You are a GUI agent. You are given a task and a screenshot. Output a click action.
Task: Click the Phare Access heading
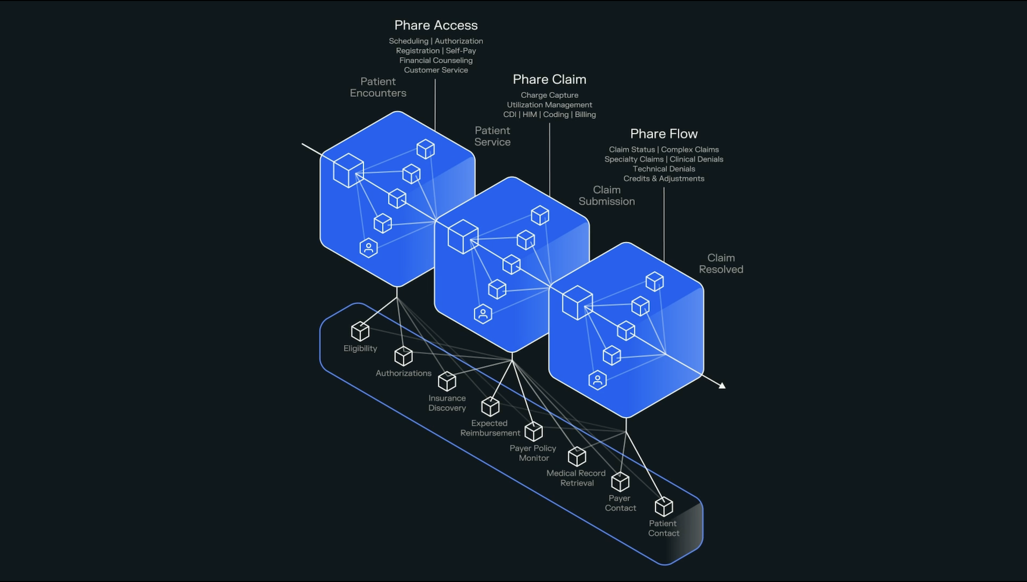pos(436,25)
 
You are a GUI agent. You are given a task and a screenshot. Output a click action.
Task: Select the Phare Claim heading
pos(549,79)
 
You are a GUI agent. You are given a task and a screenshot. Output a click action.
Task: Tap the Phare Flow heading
pos(664,134)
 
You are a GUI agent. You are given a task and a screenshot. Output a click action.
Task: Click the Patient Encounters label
pos(378,87)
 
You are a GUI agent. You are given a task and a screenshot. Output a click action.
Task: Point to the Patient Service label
pos(492,136)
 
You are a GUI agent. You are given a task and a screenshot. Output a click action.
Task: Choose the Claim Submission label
pos(607,196)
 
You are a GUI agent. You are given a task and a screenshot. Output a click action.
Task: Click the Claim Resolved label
pos(721,264)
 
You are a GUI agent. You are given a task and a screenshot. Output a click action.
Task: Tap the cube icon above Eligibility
pos(360,331)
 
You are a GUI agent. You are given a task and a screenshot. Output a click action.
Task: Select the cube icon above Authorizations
pos(403,356)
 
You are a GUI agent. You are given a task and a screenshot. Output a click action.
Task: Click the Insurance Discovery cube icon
pos(447,381)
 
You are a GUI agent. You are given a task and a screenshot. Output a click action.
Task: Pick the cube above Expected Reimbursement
pos(490,407)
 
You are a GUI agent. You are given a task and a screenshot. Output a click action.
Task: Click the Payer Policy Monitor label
pos(533,453)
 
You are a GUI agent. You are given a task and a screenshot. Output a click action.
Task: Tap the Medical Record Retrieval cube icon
pos(577,456)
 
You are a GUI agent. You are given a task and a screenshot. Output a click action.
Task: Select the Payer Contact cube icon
pos(620,482)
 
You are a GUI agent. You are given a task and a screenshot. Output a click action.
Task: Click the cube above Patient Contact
pos(663,507)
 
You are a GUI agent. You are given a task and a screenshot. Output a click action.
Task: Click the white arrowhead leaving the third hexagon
pos(722,385)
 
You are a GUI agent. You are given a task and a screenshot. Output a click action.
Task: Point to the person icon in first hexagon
pos(369,248)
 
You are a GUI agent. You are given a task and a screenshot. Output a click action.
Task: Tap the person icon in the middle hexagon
pos(483,314)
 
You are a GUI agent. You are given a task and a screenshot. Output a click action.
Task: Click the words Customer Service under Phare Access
pos(436,70)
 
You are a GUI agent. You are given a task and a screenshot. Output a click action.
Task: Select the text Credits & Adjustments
pos(664,179)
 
